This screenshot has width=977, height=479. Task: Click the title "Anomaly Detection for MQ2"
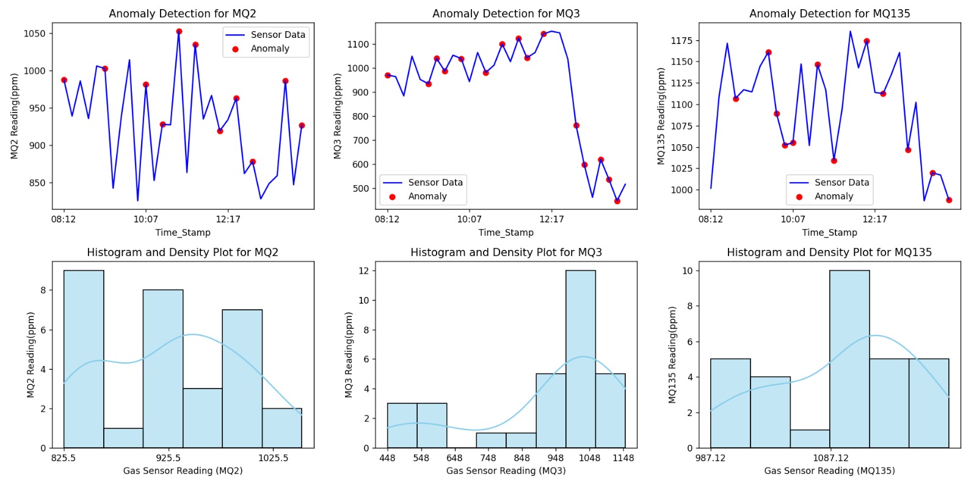click(x=182, y=13)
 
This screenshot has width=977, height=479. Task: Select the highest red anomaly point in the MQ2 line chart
click(x=179, y=32)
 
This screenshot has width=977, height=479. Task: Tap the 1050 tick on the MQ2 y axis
click(x=34, y=34)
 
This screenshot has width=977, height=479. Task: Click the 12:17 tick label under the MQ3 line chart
click(x=551, y=219)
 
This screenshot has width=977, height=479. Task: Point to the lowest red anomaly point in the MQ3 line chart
click(x=617, y=201)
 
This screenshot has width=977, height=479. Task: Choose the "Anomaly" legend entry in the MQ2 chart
click(x=270, y=49)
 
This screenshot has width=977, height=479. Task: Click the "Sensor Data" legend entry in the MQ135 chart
click(x=841, y=183)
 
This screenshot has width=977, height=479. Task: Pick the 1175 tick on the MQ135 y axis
click(x=681, y=41)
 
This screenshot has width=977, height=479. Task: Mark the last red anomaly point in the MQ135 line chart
click(x=949, y=200)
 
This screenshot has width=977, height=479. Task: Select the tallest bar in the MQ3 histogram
click(x=581, y=359)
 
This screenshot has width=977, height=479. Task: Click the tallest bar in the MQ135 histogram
click(x=849, y=359)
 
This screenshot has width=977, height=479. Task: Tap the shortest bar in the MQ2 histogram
click(x=123, y=438)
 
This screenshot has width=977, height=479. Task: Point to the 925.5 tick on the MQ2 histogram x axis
click(x=168, y=458)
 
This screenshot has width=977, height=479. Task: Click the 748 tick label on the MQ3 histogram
click(x=488, y=458)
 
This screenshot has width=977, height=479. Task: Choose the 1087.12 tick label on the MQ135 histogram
click(x=830, y=458)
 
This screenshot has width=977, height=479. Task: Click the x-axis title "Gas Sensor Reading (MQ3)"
click(x=506, y=471)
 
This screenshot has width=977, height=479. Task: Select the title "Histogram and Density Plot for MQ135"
click(x=829, y=252)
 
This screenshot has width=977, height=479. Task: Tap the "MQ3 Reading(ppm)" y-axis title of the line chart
click(x=338, y=116)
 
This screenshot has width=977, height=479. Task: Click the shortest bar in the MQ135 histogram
click(x=810, y=439)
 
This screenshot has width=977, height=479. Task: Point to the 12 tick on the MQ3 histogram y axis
click(x=363, y=271)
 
